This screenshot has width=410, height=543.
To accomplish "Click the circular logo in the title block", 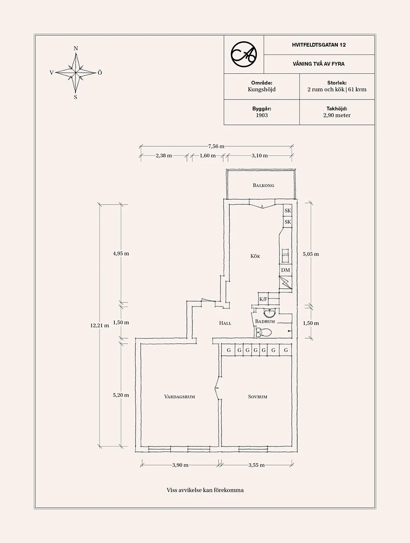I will pos(244,54).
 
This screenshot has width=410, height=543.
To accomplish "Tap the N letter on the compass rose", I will pos(76,48).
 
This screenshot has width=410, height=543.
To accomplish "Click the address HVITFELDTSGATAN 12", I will pos(319,45).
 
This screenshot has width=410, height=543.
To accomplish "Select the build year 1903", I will pos(262,115).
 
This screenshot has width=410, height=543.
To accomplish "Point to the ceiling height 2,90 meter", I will pos(337,115).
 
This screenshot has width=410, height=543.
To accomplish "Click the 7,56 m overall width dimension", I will pos(216,146).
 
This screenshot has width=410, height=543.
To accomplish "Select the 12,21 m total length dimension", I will pos(100,326).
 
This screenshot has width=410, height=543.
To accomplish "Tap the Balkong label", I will pos(263,186).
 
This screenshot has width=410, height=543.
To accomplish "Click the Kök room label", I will pos(255,256).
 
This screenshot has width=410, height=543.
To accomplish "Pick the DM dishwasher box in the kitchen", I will pos(285,270).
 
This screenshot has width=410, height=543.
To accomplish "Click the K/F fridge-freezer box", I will pos(263,299).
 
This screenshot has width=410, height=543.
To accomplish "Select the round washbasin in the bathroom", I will pos(268,314).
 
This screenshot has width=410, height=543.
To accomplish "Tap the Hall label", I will pos(225,323).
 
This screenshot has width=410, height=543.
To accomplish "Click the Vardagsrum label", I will pos(179,397).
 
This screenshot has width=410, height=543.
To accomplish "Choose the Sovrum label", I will pos(257,397).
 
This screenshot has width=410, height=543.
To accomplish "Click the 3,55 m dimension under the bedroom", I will pos(256,465).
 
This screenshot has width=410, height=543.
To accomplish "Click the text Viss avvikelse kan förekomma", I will pos(205,490).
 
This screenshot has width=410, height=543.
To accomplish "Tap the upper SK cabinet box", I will pos(287,211).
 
